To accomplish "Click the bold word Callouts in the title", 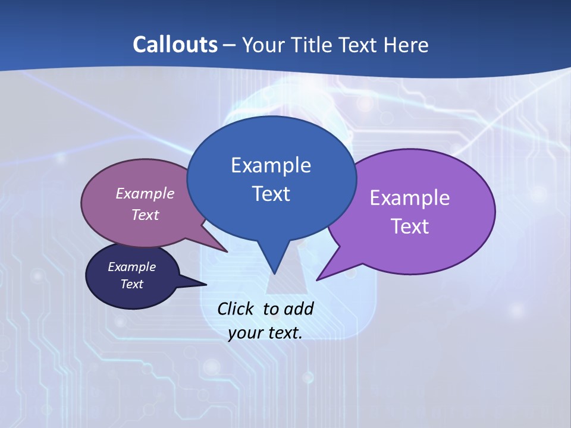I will point(175,45).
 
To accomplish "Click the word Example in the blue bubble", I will point(271,165).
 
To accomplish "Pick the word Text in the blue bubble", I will point(271,194).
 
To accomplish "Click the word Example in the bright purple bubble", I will point(410,198).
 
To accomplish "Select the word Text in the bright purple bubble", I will point(410,226).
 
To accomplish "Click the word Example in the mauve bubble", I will point(145,193).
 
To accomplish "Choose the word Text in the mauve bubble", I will point(145,215).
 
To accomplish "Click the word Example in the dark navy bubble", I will point(132,267).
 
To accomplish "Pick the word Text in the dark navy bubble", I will point(132,284).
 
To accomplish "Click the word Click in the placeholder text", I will point(236,309).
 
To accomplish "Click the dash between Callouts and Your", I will point(230,45).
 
